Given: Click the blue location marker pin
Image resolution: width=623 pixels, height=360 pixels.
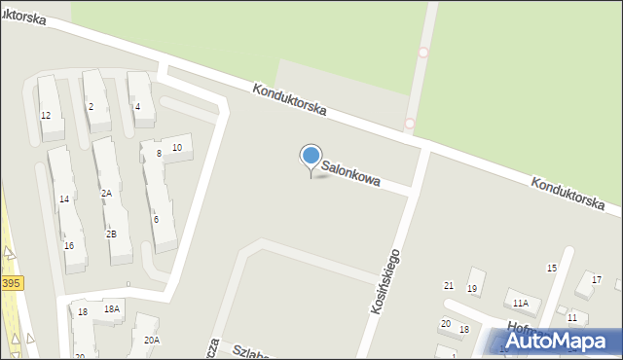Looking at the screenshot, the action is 311,158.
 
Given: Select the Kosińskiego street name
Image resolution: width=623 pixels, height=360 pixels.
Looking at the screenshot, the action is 385,279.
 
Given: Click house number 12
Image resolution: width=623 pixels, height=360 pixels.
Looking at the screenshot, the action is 45,116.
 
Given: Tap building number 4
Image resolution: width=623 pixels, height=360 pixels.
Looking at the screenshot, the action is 137,107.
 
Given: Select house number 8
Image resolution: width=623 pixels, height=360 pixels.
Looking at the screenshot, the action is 158,154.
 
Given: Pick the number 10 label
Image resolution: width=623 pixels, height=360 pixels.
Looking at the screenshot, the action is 176,148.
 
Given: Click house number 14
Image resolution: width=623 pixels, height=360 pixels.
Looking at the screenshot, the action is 63,199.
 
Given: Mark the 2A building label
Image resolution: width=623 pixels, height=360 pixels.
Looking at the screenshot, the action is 106,194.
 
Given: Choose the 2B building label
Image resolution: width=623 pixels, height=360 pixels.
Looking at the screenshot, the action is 111,234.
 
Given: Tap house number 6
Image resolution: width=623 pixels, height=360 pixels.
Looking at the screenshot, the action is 156,220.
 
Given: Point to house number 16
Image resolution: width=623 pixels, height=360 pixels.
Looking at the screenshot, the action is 68,246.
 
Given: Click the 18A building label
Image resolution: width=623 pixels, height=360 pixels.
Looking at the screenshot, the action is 112,309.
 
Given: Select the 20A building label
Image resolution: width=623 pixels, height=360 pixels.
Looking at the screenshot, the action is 151,341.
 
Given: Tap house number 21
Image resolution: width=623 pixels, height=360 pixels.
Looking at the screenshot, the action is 449,285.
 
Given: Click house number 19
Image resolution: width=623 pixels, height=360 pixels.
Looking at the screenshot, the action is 472,289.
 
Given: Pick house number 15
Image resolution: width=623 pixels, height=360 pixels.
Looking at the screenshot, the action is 551,269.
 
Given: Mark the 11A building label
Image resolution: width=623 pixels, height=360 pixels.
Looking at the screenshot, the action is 521,304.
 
